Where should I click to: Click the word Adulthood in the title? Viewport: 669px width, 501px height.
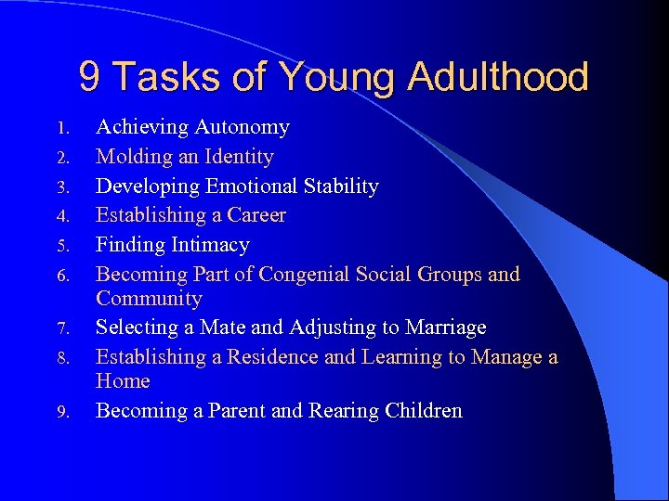click(495, 77)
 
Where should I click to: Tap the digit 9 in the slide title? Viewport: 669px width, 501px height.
click(90, 77)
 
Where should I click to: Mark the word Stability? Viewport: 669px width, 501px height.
click(340, 186)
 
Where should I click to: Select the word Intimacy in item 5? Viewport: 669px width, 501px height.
click(212, 245)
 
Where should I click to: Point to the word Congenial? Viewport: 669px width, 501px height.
click(312, 275)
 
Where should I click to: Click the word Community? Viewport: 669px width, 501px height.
click(149, 299)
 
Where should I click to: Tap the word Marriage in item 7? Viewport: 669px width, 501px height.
click(441, 328)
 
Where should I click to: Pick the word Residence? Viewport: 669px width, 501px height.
click(272, 357)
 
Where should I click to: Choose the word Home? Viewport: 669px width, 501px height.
click(123, 381)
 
